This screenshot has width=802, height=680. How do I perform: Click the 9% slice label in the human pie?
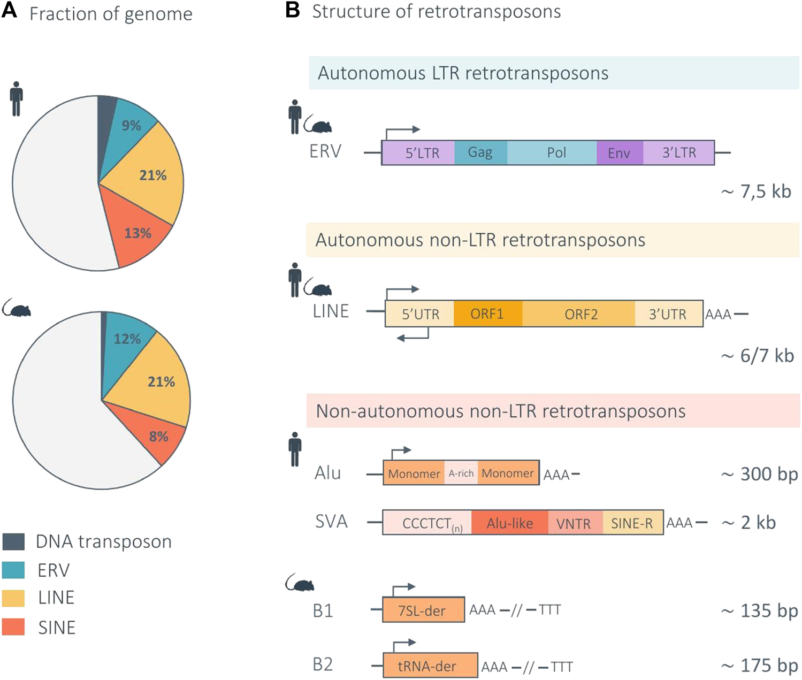[131, 125]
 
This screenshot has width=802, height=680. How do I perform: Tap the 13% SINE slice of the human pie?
[138, 233]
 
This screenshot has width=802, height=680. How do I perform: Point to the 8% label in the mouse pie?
[159, 437]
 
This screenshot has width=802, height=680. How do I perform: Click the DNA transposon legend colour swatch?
[13, 541]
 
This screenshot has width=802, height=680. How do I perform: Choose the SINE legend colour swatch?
[13, 627]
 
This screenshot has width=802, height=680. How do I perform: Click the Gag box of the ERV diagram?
[480, 152]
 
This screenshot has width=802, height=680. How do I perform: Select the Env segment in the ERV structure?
[619, 153]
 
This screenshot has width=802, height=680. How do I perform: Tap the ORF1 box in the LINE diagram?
[487, 314]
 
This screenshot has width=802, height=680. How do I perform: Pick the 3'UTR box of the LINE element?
[668, 314]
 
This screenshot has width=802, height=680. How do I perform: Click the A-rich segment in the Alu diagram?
[461, 473]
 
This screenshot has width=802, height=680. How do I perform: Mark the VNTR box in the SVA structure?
[574, 523]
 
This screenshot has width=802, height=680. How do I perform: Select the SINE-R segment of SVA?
[632, 523]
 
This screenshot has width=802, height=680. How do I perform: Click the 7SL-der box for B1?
[423, 610]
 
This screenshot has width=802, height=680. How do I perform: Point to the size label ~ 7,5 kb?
[756, 192]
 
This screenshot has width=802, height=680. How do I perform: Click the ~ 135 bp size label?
[759, 610]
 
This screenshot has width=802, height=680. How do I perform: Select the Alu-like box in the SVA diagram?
[510, 523]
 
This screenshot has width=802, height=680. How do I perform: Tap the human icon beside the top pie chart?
[17, 98]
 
